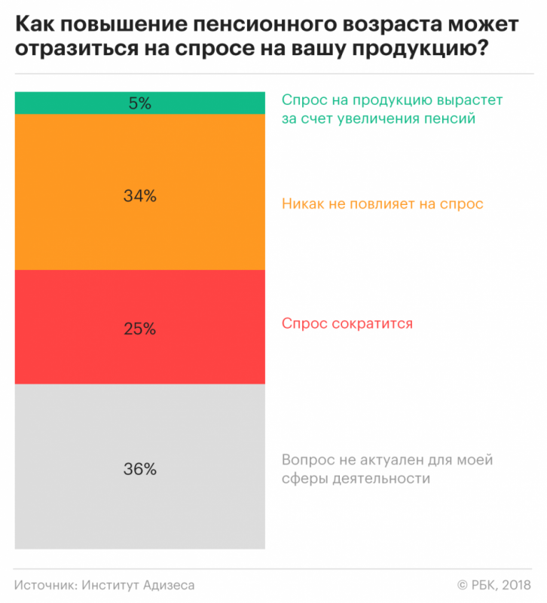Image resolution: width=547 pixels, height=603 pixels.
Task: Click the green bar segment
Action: pos(75,103)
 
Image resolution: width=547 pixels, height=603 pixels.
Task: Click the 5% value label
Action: pos(140,104)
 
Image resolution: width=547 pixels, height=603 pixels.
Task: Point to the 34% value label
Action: pos(140,196)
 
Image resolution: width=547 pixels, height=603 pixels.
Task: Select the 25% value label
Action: pos(140,329)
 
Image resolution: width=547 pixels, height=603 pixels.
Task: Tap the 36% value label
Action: pos(140,469)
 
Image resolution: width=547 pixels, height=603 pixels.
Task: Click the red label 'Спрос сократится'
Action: pos(347,323)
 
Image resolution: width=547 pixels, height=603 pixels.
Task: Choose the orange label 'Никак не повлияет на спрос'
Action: pos(382,204)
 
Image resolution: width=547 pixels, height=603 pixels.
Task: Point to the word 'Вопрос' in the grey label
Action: pos(306,460)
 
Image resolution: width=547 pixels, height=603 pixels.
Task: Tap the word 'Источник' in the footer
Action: pos(43,585)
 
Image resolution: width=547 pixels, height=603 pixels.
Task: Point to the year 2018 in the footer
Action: pos(515,585)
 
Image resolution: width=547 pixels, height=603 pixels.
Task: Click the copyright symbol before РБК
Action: pos(462,585)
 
